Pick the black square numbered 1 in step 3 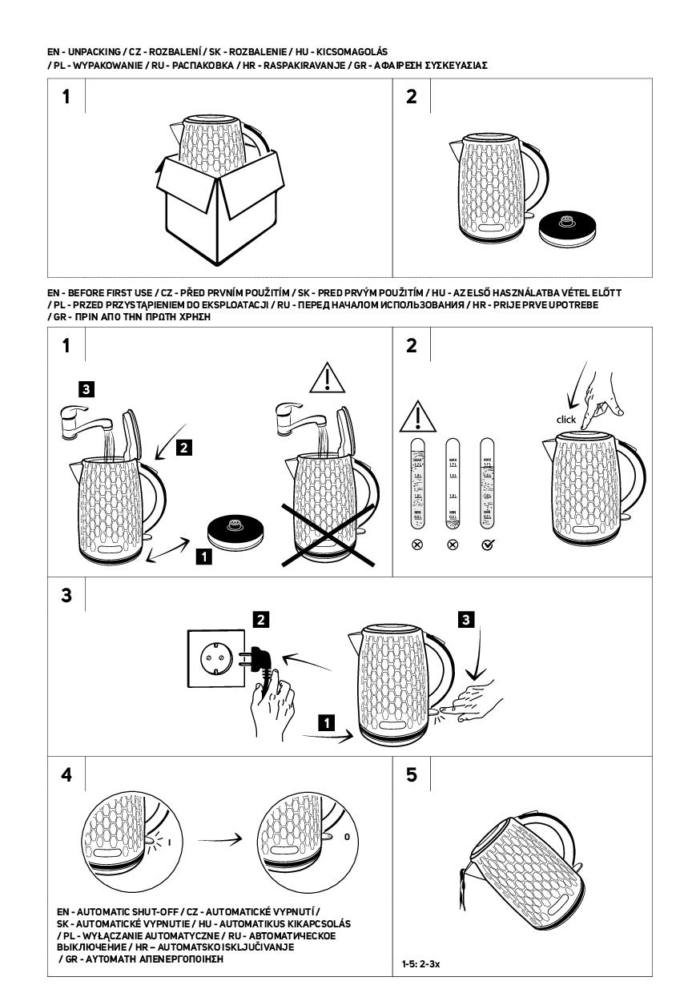pos(325,722)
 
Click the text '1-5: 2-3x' pos(421,965)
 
